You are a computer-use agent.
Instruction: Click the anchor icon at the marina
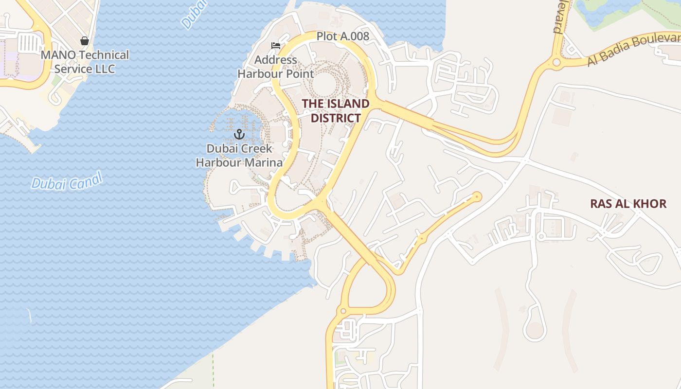tap(239, 134)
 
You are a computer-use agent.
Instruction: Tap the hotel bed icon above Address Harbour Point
tap(276, 46)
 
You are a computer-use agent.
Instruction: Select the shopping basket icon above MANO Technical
tap(85, 41)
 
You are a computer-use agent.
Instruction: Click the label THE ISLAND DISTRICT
tap(336, 111)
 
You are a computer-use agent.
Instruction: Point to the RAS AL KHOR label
tap(628, 204)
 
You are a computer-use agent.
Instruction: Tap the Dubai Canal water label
tap(67, 181)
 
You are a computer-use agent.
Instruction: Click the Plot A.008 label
tap(342, 36)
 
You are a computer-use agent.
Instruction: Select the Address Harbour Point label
tap(275, 67)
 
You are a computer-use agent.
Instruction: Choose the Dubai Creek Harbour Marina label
tap(239, 156)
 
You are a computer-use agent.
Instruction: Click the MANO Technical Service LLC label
tap(85, 62)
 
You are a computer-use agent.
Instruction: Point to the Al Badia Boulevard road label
tap(632, 50)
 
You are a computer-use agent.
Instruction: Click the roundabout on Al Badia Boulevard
tap(556, 62)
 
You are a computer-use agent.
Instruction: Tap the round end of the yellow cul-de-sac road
tap(477, 196)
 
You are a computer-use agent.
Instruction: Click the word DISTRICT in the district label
tap(336, 118)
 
